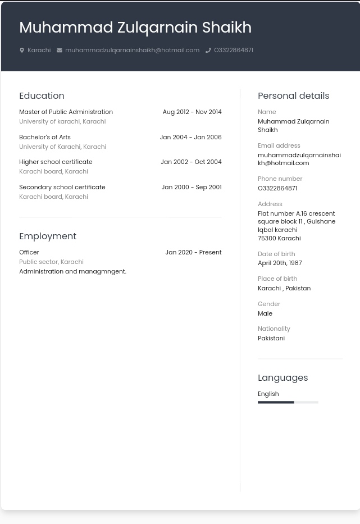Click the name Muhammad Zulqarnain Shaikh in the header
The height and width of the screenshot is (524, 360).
click(135, 27)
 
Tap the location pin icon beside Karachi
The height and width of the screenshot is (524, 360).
click(22, 50)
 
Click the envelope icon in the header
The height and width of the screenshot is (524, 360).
click(59, 50)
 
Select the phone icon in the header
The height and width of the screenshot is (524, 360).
click(208, 50)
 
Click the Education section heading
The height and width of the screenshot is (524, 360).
click(42, 95)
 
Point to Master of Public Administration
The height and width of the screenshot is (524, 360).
click(66, 112)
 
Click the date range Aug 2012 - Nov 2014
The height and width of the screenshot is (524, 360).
click(192, 112)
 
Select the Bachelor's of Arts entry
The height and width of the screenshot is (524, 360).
click(44, 137)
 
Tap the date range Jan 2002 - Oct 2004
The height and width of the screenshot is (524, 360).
click(191, 162)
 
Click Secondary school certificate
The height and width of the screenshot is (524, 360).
click(62, 187)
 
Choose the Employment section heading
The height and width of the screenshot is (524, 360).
click(47, 236)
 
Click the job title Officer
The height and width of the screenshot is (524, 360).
click(29, 252)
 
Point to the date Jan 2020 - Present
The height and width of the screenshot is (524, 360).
click(193, 252)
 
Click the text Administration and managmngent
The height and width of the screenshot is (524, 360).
click(72, 271)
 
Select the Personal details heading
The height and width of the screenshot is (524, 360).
click(293, 95)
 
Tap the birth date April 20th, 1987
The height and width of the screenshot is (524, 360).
click(280, 263)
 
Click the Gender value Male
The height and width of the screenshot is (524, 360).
click(265, 313)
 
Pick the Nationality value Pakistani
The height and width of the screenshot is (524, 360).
click(271, 338)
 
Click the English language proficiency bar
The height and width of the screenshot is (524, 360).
click(288, 402)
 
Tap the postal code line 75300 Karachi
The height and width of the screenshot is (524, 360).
click(279, 238)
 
